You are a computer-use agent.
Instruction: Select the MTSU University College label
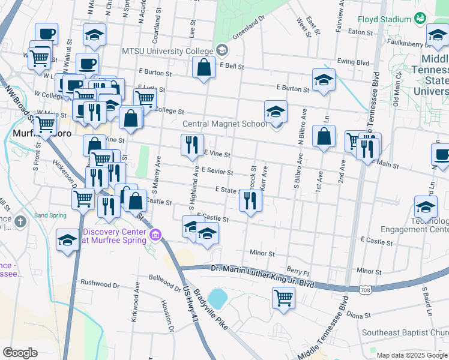(167, 50)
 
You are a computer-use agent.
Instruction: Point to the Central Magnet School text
(224, 124)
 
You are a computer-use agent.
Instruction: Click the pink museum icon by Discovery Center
(157, 234)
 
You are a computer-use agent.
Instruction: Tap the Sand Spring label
(49, 215)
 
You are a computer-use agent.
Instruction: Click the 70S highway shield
(366, 290)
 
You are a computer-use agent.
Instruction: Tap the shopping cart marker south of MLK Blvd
(283, 297)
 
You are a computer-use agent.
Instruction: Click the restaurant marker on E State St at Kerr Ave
(250, 200)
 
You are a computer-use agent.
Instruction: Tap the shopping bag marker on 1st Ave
(324, 136)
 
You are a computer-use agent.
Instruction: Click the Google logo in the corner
(20, 353)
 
